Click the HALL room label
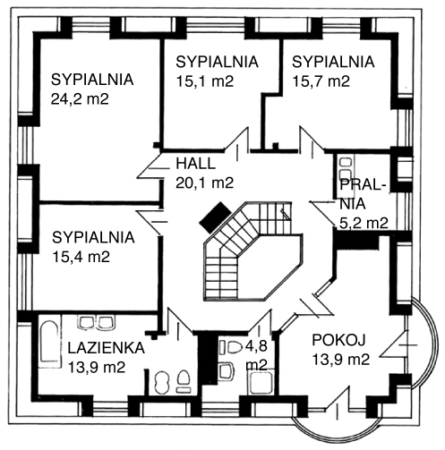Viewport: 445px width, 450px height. pos(195,164)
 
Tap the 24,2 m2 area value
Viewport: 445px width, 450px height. pos(80,99)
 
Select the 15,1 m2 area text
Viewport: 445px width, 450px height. pos(205,81)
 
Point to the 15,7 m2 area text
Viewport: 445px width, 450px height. pos(321,81)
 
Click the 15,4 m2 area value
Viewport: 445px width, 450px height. pos(81,257)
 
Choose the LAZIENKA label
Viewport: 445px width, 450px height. pos(107,348)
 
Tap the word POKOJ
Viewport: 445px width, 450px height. pos(338,340)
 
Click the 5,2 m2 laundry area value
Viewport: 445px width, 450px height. pos(364,223)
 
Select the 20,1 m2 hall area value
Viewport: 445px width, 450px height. pos(204,183)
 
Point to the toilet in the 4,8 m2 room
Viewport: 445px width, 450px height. pos(232,347)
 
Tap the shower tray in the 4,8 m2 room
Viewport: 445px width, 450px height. pos(261,383)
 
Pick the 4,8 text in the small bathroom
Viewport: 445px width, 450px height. pos(256,346)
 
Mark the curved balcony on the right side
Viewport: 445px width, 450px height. pos(424,343)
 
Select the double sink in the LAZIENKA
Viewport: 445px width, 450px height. pos(96,323)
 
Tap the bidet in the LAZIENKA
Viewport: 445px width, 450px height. pos(162,383)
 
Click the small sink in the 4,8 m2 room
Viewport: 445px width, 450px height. pos(226,371)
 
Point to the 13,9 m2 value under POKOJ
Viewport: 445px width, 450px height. pos(341,360)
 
